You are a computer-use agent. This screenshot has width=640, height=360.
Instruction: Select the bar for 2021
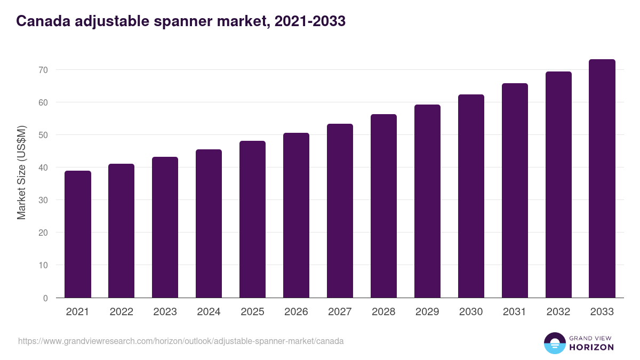click(78, 235)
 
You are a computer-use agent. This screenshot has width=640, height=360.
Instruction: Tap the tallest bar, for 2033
click(602, 179)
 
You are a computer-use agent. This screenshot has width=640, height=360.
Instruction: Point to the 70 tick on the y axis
click(43, 70)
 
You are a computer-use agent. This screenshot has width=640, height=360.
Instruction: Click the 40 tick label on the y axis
click(43, 167)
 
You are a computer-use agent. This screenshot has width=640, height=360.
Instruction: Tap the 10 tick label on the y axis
click(43, 265)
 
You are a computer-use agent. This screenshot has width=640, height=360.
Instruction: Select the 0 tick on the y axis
click(45, 298)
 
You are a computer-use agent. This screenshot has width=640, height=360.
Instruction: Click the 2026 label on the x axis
click(296, 312)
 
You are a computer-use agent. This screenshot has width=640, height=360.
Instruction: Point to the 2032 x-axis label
click(558, 312)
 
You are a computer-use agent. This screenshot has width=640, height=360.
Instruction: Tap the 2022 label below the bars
click(121, 312)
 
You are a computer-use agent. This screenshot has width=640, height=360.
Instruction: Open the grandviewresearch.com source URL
click(181, 341)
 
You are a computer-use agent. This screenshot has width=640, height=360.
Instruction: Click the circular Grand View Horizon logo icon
click(554, 343)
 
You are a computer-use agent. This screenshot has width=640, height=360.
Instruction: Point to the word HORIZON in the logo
click(591, 347)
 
